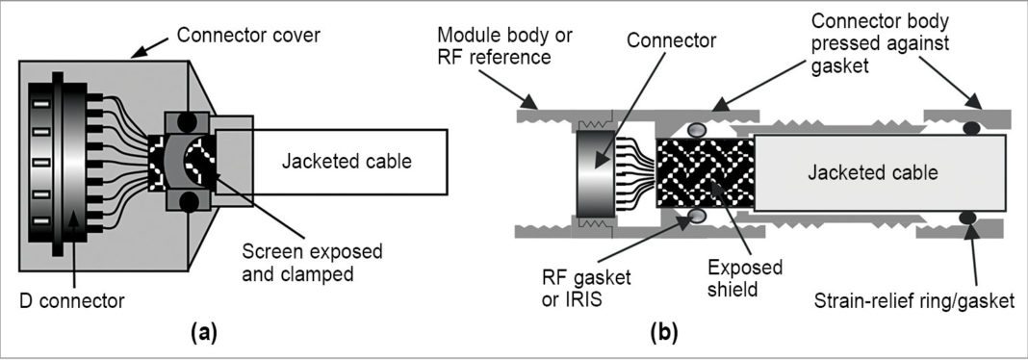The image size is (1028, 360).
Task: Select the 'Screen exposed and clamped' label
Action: coord(310,262)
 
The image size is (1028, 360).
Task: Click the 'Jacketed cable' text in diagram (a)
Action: coord(346,161)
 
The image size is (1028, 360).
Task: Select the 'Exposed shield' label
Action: coord(752,276)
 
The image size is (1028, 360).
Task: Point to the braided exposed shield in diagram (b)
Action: coord(705,174)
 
